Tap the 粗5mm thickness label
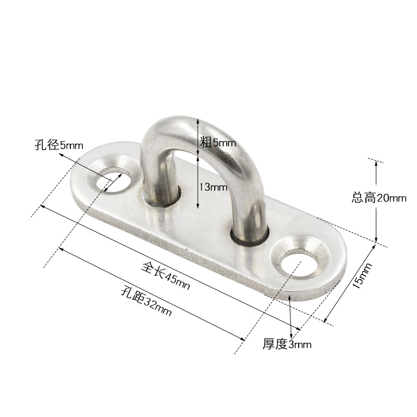218,141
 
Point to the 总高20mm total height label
379,198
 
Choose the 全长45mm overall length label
166,276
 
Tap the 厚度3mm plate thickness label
287,344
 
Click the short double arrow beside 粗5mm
198,137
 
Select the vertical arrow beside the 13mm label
198,182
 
